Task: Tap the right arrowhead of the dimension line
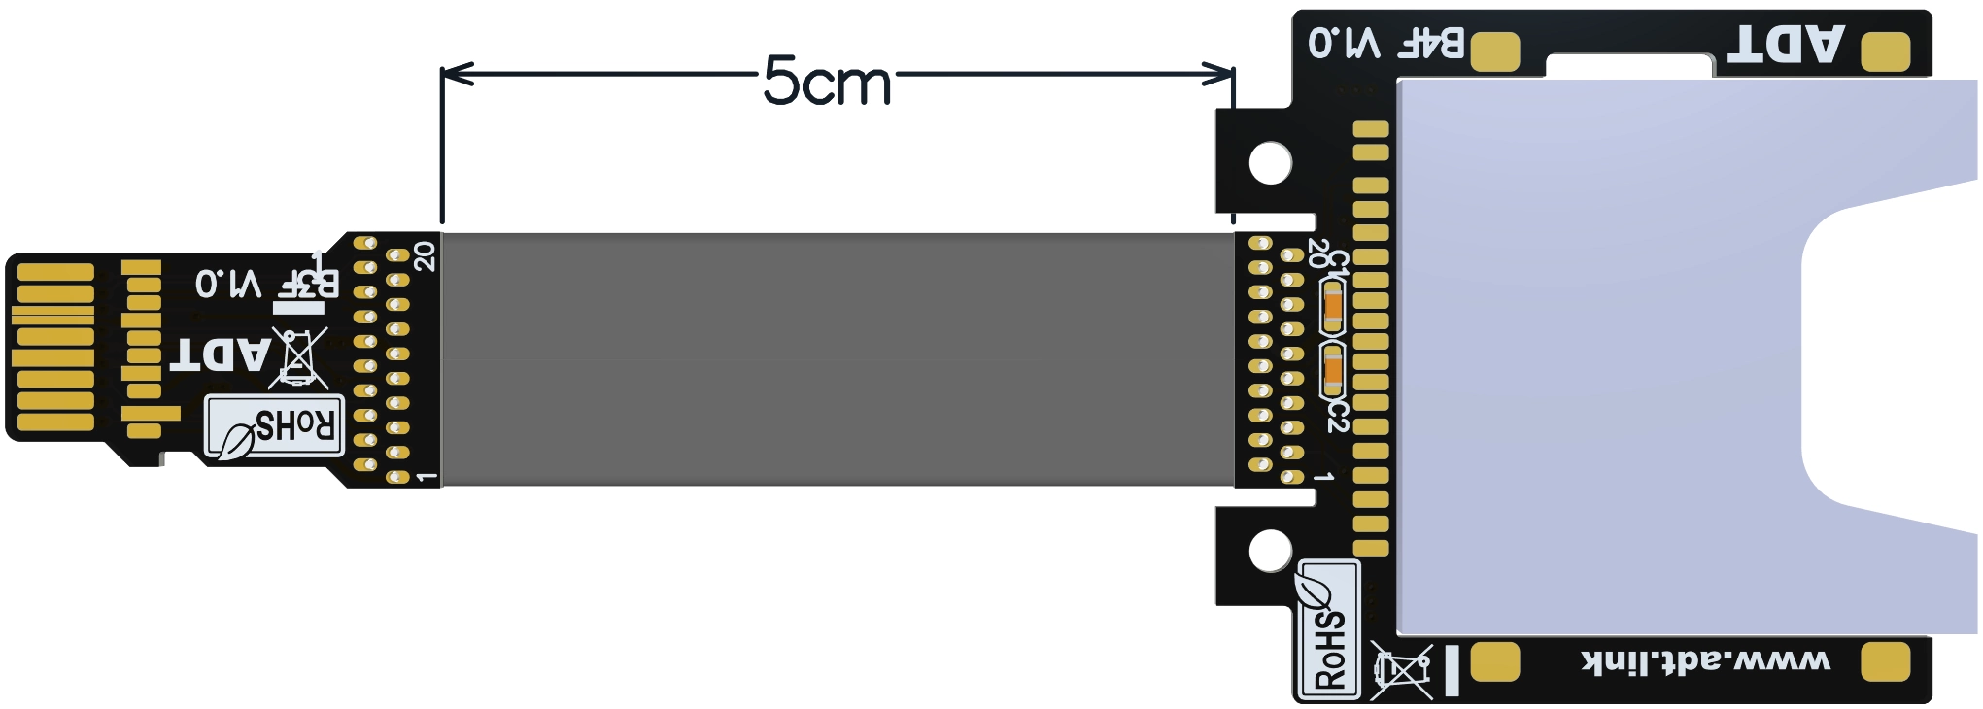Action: pyautogui.click(x=1219, y=74)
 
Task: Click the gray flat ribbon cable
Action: pyautogui.click(x=838, y=359)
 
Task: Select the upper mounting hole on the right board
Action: pyautogui.click(x=1270, y=162)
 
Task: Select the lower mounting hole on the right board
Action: pyautogui.click(x=1270, y=551)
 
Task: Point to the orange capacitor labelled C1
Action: pyautogui.click(x=1333, y=307)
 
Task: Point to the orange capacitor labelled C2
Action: pyautogui.click(x=1333, y=370)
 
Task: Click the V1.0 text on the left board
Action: pyautogui.click(x=228, y=284)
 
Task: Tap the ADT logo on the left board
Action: pyautogui.click(x=221, y=354)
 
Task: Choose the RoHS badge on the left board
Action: pyautogui.click(x=274, y=426)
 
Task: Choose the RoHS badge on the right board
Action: pyautogui.click(x=1329, y=629)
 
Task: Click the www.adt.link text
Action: pyautogui.click(x=1706, y=662)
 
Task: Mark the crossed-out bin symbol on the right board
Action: pyautogui.click(x=1401, y=669)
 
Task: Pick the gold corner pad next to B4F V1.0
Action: pyautogui.click(x=1495, y=51)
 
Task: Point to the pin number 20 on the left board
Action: pyautogui.click(x=426, y=255)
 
